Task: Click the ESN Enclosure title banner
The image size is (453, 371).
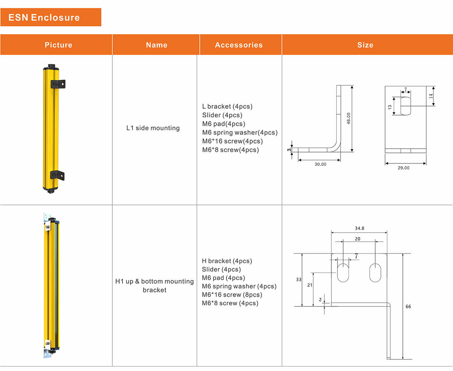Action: point(51,17)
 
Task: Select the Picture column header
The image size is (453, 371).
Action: point(58,45)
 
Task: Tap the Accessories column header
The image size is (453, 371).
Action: point(239,45)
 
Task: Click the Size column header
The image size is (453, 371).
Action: point(365,45)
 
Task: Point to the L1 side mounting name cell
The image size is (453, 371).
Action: point(153,128)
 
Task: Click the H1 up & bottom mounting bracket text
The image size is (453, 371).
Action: point(154,286)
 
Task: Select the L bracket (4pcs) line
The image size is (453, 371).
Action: point(227,106)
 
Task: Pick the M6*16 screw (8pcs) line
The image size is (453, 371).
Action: point(232,295)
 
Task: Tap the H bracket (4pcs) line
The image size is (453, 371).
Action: point(227,261)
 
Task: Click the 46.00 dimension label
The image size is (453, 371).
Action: point(349,118)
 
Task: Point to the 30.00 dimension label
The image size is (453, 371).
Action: point(320,165)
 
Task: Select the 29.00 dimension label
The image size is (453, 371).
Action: point(404,168)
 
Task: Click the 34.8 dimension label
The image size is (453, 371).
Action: point(359,228)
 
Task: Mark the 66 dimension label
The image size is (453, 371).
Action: point(408,306)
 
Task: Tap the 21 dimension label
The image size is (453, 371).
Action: point(310,286)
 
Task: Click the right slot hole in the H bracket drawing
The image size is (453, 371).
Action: point(375,272)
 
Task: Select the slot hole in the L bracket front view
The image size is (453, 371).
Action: point(405,106)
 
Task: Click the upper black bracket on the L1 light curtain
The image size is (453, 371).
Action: point(59,84)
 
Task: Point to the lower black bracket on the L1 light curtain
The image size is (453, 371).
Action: point(57,175)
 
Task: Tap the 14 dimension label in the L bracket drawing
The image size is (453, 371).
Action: point(431,96)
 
